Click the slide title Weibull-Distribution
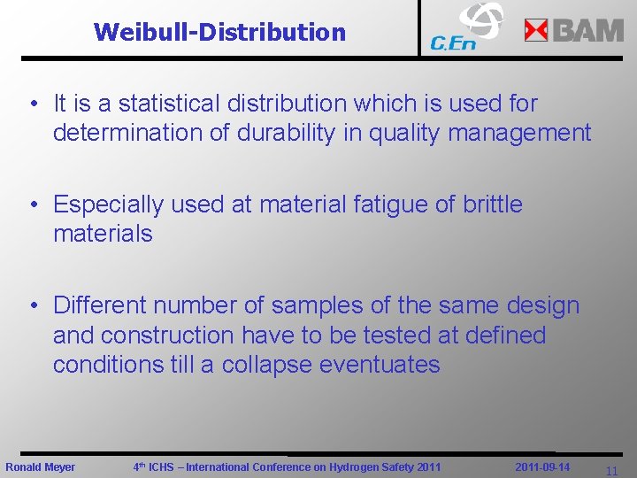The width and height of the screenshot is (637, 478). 219,33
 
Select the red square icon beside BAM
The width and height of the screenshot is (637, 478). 536,31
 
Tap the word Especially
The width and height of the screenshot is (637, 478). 108,204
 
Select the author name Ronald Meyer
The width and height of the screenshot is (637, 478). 41,467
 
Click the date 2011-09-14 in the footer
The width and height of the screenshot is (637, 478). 542,466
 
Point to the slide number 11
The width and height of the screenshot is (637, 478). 611,472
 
